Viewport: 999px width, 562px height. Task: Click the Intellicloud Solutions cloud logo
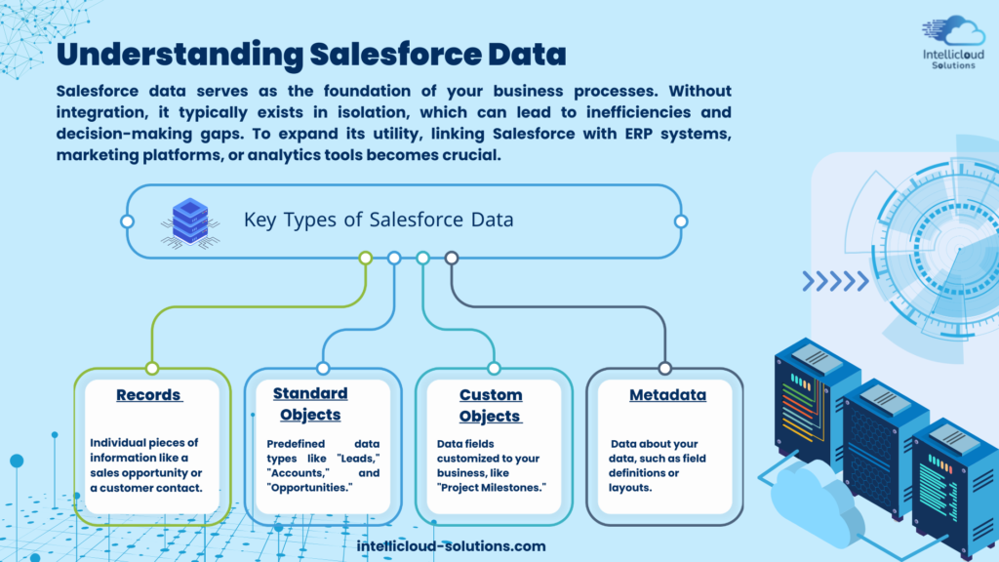[953, 42]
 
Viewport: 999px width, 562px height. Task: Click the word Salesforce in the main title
[395, 55]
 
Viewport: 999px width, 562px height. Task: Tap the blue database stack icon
[190, 222]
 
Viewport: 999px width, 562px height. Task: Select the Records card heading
[149, 395]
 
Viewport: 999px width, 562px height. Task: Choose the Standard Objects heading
[310, 404]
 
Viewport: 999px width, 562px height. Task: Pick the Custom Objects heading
[491, 405]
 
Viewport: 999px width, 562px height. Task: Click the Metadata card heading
[667, 395]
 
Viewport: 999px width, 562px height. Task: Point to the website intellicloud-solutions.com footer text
[451, 546]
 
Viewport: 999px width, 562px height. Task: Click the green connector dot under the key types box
[366, 258]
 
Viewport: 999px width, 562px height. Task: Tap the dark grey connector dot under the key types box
[452, 258]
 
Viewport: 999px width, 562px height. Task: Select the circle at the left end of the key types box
[128, 221]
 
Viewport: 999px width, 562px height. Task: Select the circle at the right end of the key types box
[681, 221]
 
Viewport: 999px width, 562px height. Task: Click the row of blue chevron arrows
[835, 281]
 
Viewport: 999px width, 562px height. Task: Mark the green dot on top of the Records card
[152, 368]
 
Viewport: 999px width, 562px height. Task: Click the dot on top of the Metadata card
[665, 368]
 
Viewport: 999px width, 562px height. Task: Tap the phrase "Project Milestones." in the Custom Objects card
[492, 488]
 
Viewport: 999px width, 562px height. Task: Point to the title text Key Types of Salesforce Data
[379, 220]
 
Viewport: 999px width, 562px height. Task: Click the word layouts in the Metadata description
[621, 488]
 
